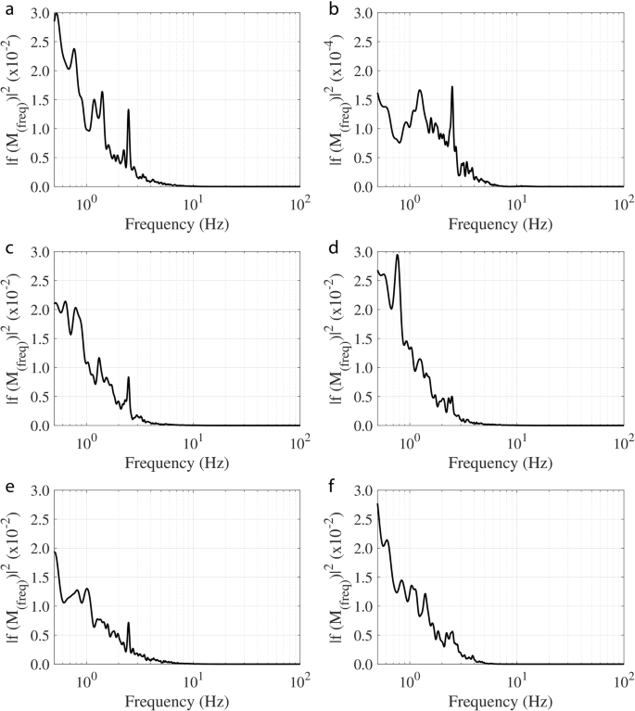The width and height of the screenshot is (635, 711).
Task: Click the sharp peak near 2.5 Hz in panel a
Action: (x=128, y=110)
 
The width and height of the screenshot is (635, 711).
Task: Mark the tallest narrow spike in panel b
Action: (x=451, y=87)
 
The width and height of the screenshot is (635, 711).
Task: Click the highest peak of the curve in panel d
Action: (x=398, y=256)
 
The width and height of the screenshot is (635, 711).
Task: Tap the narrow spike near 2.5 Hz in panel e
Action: (x=128, y=623)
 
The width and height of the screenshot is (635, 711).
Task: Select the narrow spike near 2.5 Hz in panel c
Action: (x=128, y=377)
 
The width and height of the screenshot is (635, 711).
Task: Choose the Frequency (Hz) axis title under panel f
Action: (x=500, y=701)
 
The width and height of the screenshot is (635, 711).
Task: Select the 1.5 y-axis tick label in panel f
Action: (x=360, y=578)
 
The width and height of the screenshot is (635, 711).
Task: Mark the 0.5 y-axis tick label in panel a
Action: (x=36, y=158)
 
